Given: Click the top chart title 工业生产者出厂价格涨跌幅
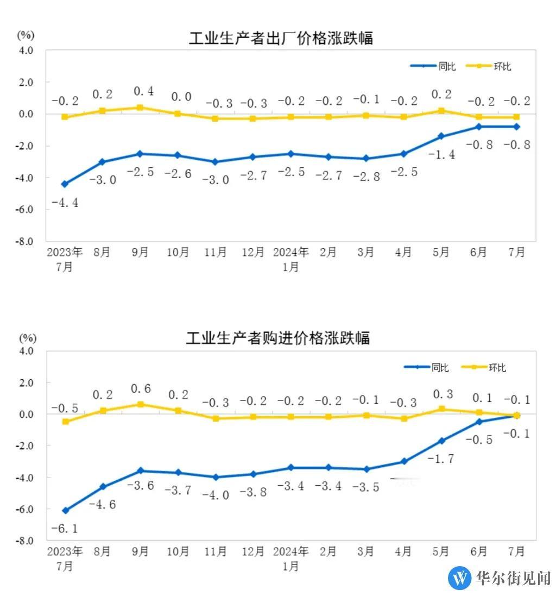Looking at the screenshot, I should [x=281, y=39].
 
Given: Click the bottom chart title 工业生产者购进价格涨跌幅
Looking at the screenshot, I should [x=277, y=338].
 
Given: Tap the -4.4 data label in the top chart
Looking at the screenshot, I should [x=65, y=204].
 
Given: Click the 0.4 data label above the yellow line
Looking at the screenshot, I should [x=140, y=91].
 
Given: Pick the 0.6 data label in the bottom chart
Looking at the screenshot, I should [x=140, y=389].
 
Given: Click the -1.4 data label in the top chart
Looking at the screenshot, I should [x=441, y=155].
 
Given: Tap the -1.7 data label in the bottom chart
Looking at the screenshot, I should [x=441, y=459].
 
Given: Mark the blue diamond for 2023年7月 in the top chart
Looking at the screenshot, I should [x=65, y=184].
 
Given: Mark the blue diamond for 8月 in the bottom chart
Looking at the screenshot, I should [x=103, y=487].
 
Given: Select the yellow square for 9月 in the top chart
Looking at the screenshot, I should [x=140, y=108].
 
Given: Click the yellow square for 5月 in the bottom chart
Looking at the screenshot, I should [x=441, y=409].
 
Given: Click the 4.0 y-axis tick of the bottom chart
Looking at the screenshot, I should [x=27, y=351].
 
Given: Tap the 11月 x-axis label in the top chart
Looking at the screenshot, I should [x=215, y=253].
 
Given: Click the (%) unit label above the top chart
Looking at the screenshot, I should [x=26, y=35].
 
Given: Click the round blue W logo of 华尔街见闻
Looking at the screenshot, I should [x=459, y=578].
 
